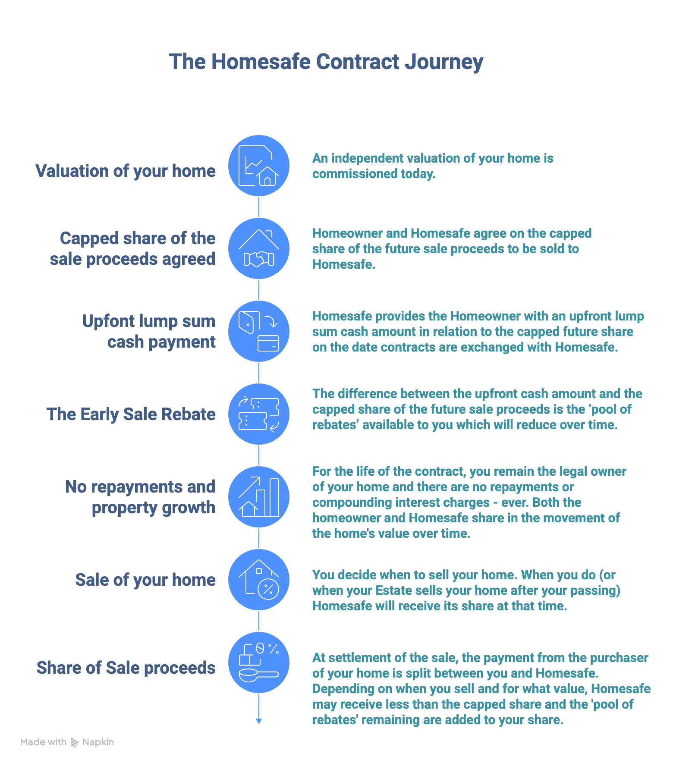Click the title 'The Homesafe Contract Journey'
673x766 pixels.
point(326,62)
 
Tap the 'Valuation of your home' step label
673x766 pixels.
point(126,171)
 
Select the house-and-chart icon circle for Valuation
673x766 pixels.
point(259,166)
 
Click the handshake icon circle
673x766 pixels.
point(259,248)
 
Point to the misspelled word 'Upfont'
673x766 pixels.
point(102,321)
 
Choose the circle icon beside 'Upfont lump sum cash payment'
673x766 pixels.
point(259,331)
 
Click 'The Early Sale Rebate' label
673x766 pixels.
point(131,414)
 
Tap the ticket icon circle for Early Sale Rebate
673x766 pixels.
point(259,414)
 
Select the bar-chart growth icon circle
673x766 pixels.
point(259,497)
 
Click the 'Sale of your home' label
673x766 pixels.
point(145,580)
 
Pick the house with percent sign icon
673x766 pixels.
point(259,580)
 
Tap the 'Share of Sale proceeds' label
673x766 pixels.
point(126,668)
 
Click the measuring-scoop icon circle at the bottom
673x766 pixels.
point(259,662)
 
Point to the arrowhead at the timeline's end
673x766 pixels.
point(259,721)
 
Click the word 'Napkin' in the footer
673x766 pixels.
point(98,742)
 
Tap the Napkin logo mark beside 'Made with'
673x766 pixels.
point(75,742)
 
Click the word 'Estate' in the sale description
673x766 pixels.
point(392,590)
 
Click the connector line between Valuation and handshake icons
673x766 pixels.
point(259,207)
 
